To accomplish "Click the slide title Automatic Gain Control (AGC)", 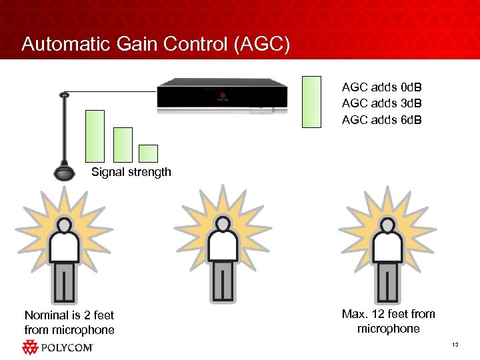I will click(155, 44).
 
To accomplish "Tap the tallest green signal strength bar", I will click(95, 136).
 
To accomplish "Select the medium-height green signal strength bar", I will click(123, 145).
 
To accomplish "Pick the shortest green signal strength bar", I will click(148, 153).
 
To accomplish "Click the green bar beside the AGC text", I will click(311, 101).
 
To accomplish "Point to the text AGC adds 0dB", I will click(381, 87).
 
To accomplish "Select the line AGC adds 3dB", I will click(381, 103).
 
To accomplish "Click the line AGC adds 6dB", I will click(381, 120).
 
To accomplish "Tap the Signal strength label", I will click(131, 172).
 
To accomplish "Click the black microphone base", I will click(65, 171).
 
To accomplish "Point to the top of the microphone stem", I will click(65, 95).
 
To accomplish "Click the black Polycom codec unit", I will click(222, 95).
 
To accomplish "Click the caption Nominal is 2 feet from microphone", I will click(69, 323).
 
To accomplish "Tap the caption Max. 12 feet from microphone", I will click(388, 321).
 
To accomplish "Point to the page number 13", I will click(455, 344).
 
